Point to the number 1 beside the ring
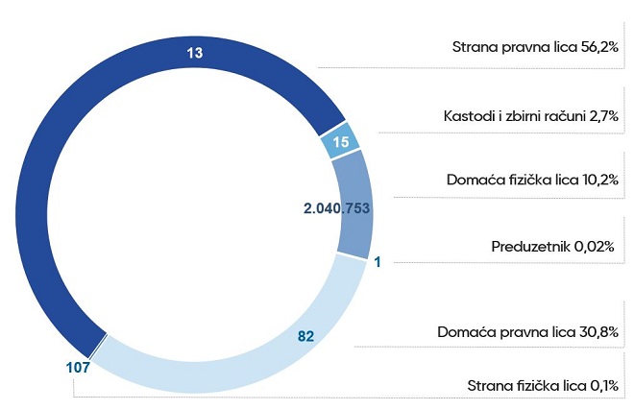[x=378, y=261]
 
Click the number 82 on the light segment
[x=306, y=336]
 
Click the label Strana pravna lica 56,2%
[x=533, y=46]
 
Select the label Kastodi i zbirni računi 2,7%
[x=524, y=116]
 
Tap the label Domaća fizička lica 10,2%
[x=531, y=180]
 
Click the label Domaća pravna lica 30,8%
[x=526, y=332]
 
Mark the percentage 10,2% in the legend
[x=597, y=180]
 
